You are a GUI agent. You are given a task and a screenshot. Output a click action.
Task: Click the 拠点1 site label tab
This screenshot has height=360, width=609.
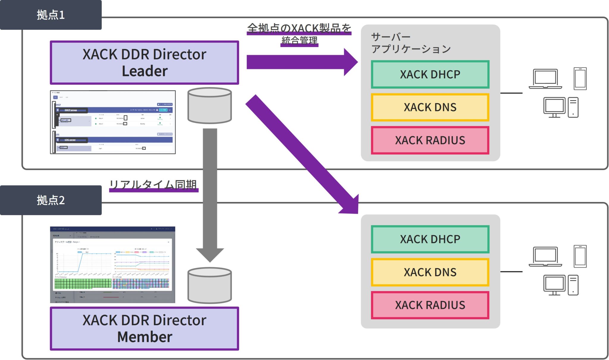tap(51, 15)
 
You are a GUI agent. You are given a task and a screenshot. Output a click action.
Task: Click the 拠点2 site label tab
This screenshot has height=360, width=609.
tap(51, 200)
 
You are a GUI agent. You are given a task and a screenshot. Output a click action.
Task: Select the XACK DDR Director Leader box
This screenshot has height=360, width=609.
tap(144, 62)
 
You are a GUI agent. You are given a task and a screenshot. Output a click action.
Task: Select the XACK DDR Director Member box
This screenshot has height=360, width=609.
tap(144, 328)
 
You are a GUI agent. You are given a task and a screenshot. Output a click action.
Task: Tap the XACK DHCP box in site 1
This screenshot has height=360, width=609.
tap(430, 74)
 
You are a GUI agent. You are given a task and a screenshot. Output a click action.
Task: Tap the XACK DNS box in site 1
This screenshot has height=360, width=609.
tap(430, 107)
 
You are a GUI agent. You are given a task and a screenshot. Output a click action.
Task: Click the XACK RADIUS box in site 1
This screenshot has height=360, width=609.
tap(430, 140)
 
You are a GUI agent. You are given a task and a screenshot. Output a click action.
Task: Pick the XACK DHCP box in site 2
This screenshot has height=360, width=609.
tap(430, 239)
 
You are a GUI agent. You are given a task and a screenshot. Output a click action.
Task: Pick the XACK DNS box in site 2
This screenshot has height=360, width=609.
tap(430, 272)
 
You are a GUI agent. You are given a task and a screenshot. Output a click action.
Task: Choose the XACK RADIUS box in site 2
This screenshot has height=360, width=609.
tap(430, 305)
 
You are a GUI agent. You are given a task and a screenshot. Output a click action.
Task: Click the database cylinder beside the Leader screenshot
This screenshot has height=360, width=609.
tap(209, 106)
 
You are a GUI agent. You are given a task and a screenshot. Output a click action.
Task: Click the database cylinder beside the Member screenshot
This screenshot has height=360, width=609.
tap(209, 286)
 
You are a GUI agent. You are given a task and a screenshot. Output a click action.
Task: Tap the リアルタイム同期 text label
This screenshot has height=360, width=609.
tap(153, 185)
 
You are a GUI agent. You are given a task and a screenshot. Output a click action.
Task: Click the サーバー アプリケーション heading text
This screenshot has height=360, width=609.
tap(410, 43)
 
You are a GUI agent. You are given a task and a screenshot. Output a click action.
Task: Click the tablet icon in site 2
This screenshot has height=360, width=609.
tap(580, 256)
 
